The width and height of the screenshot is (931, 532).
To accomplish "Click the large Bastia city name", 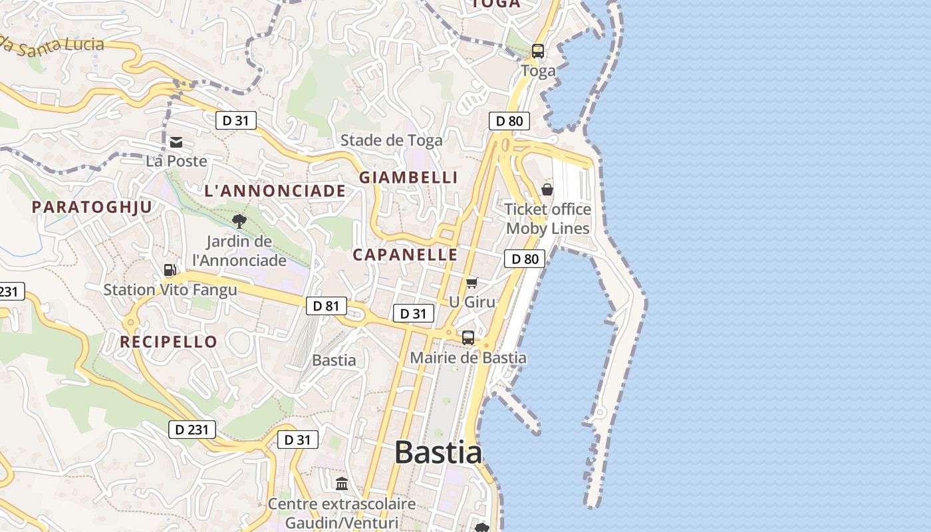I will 438,453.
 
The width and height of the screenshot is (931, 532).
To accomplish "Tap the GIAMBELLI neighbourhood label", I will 408,178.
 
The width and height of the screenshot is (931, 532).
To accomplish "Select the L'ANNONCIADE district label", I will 275,192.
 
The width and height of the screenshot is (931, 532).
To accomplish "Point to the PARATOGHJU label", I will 92,207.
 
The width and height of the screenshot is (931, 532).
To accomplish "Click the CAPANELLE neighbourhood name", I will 405,255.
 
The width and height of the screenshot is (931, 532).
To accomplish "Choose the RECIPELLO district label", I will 168,342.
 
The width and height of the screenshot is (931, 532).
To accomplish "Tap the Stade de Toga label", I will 391,140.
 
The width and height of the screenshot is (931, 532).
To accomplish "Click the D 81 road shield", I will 326,306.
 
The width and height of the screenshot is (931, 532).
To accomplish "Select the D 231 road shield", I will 192,430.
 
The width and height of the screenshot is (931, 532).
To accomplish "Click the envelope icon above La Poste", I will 176,142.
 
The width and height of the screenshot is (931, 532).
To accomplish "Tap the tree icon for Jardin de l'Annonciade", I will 239,221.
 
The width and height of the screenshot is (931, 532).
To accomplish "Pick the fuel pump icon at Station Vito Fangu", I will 170,270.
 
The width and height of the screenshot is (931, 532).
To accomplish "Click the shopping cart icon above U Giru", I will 472,283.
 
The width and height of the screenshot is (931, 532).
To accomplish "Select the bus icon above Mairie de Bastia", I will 468,338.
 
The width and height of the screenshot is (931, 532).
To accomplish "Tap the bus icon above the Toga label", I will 538,51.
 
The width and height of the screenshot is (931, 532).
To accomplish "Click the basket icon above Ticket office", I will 547,190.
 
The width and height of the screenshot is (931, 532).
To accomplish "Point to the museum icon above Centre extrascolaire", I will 342,483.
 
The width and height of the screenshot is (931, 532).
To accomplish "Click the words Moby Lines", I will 547,229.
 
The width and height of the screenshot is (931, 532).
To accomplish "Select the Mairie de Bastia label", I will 468,358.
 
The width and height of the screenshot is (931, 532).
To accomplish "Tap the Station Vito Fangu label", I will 170,290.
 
